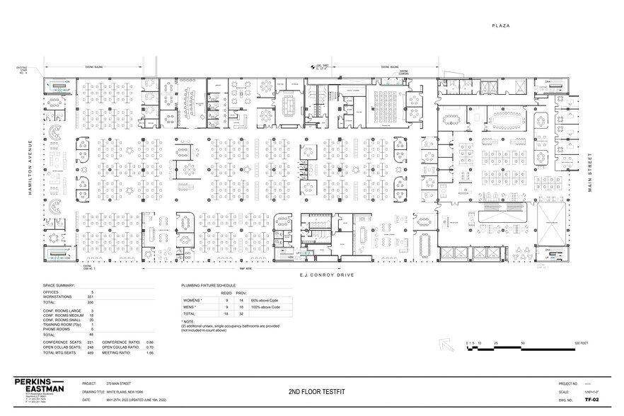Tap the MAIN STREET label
[x=593, y=173]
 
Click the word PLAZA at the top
[x=502, y=25]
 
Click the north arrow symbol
[x=446, y=345]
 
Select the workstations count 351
[x=91, y=296]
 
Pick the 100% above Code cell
[x=260, y=307]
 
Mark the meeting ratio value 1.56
[x=150, y=353]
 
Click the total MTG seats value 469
[x=91, y=353]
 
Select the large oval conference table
[x=507, y=116]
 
